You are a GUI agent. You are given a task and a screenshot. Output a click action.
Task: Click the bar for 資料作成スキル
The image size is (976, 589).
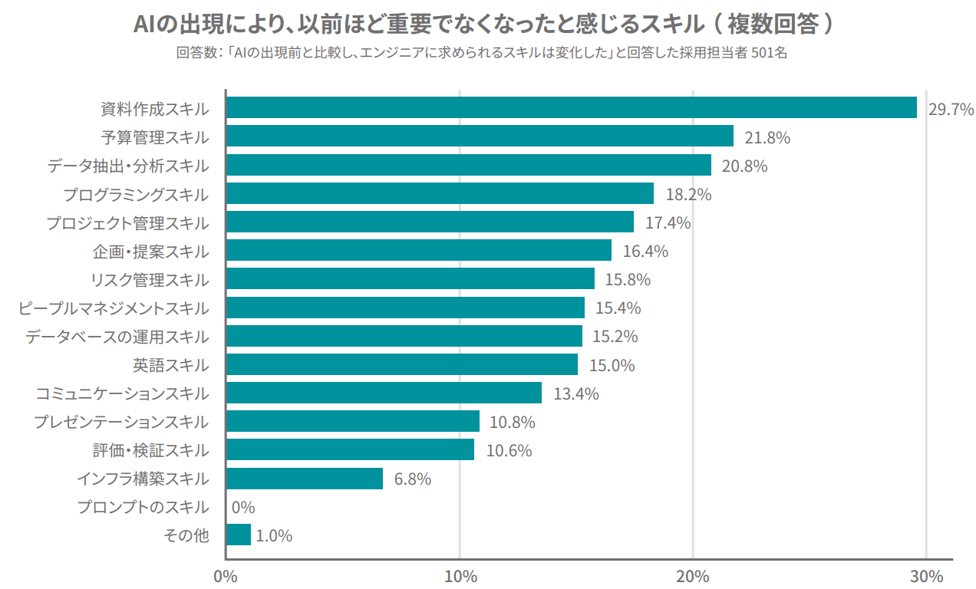click(x=572, y=107)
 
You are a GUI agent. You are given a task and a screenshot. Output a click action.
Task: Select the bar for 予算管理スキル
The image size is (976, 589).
click(x=480, y=137)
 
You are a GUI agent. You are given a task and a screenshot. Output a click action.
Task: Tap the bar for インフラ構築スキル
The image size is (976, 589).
click(x=305, y=479)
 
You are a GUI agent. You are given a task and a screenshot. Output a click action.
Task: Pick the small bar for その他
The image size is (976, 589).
click(x=239, y=535)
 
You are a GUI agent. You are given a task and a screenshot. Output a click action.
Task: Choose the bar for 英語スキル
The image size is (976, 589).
click(x=402, y=364)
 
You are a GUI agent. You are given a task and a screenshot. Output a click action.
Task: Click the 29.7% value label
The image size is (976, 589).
click(x=951, y=110)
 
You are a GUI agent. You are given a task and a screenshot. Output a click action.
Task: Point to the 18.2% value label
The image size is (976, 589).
click(x=688, y=195)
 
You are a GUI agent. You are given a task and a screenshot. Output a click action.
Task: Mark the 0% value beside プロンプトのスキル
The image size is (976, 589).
click(x=242, y=508)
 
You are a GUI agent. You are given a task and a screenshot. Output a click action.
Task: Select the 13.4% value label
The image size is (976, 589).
click(x=576, y=394)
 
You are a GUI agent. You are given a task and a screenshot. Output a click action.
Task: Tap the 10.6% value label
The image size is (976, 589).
click(x=509, y=451)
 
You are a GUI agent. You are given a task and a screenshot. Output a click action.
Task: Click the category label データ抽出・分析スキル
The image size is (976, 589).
click(x=127, y=166)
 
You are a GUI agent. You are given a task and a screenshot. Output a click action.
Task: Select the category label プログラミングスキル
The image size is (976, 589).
click(x=135, y=195)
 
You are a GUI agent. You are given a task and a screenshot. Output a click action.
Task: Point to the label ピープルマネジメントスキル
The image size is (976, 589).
click(x=113, y=308)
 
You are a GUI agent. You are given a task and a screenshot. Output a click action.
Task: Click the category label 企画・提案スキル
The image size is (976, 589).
click(x=150, y=252)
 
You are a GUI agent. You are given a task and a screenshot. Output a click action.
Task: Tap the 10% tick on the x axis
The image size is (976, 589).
click(x=459, y=576)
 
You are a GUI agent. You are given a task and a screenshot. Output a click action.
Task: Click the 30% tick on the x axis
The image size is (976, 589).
click(x=926, y=576)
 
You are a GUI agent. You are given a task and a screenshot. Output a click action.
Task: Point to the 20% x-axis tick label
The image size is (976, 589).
click(x=693, y=576)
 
